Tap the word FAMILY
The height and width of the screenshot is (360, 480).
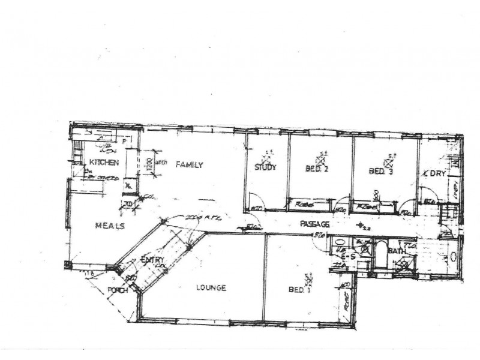[x=189, y=164]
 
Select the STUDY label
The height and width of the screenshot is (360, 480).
[x=265, y=167]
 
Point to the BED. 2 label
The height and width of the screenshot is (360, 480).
[x=317, y=169]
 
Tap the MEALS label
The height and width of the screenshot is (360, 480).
[x=109, y=226]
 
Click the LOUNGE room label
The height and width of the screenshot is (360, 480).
[x=211, y=288]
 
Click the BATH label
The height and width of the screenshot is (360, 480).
[x=395, y=251]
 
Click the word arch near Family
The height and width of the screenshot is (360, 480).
[x=160, y=162]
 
